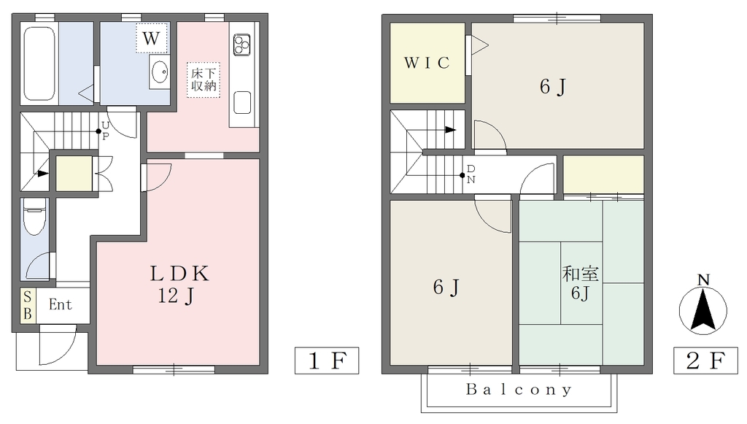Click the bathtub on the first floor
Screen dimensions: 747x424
39,63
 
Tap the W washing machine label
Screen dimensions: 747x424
152,38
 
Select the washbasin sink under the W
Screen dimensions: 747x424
160,72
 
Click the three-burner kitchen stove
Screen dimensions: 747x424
242,45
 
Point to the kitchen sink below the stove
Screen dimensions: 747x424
242,102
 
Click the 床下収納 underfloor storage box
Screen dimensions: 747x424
204,80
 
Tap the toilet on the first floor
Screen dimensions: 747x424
34,216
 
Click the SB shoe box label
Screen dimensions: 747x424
28,305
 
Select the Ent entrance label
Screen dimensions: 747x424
61,304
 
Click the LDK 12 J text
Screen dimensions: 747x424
179,285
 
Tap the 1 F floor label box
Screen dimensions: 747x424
327,361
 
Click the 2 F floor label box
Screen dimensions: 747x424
705,361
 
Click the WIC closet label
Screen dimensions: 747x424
427,63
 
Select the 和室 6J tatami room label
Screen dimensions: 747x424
580,283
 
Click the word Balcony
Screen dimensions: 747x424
519,390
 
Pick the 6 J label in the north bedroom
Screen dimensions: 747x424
553,87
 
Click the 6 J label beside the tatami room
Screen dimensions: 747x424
446,288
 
